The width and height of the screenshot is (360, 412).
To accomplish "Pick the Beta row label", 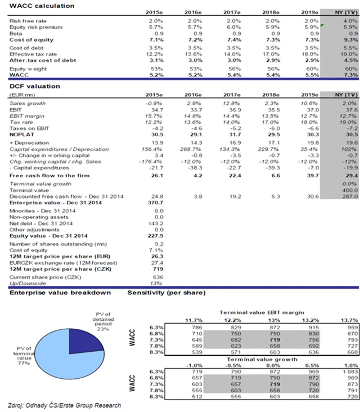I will click(17, 33).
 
